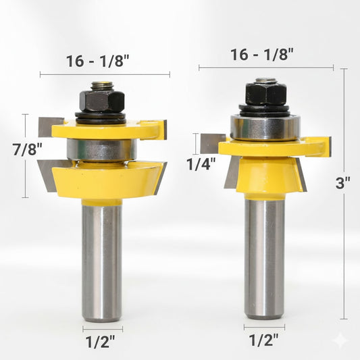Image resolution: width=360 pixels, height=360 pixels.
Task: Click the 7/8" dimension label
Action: click(x=27, y=149)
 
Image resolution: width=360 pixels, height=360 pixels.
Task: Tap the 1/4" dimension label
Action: click(x=201, y=164)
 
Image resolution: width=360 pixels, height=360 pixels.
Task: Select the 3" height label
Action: click(x=343, y=183)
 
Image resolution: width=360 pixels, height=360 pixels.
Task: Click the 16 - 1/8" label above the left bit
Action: click(x=98, y=61)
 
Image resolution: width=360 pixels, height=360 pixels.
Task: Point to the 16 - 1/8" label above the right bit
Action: click(x=262, y=55)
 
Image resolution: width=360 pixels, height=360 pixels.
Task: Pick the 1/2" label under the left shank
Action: click(x=101, y=342)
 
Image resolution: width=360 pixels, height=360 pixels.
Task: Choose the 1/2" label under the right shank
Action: click(x=264, y=340)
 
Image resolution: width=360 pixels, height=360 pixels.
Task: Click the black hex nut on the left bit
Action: click(x=102, y=101)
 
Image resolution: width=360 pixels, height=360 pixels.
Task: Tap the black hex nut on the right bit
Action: click(x=266, y=93)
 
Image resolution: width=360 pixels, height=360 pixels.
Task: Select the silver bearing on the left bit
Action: click(x=102, y=150)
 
